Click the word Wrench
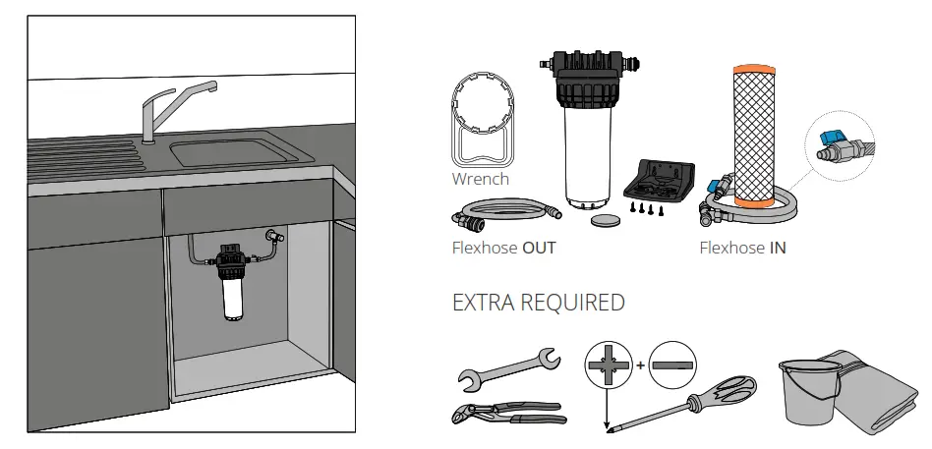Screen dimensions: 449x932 pos(480,179)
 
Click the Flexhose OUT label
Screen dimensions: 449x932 pos(503,248)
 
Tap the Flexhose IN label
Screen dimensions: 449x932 pos(741,248)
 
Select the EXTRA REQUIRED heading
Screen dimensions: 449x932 pos(537,303)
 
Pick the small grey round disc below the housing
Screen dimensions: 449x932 pos(606,222)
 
